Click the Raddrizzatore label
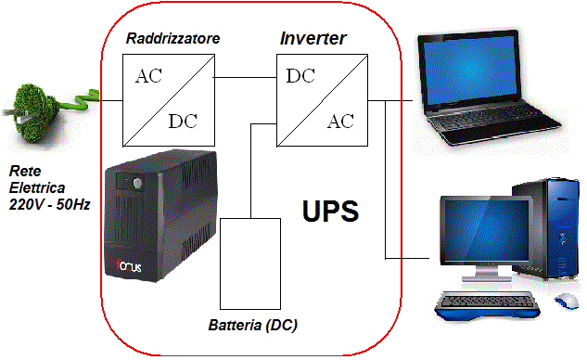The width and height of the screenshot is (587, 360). point(172,38)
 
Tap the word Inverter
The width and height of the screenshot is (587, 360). point(313,38)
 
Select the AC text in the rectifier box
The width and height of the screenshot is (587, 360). point(148,76)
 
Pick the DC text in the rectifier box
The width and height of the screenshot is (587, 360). point(183,121)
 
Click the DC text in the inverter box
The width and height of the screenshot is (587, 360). point(300,76)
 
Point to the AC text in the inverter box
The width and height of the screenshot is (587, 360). point(340,122)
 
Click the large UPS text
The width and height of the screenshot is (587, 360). point(330,212)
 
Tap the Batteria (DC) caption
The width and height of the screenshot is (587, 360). point(252,325)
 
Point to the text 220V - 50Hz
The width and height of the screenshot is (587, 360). point(49,204)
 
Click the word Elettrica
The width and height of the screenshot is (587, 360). point(37,187)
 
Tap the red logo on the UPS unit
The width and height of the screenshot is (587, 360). point(129,265)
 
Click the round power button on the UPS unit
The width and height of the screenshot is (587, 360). point(137,183)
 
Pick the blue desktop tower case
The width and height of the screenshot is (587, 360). point(545,229)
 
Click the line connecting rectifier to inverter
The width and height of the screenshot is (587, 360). point(245,78)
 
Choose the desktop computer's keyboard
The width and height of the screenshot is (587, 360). point(488,305)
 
